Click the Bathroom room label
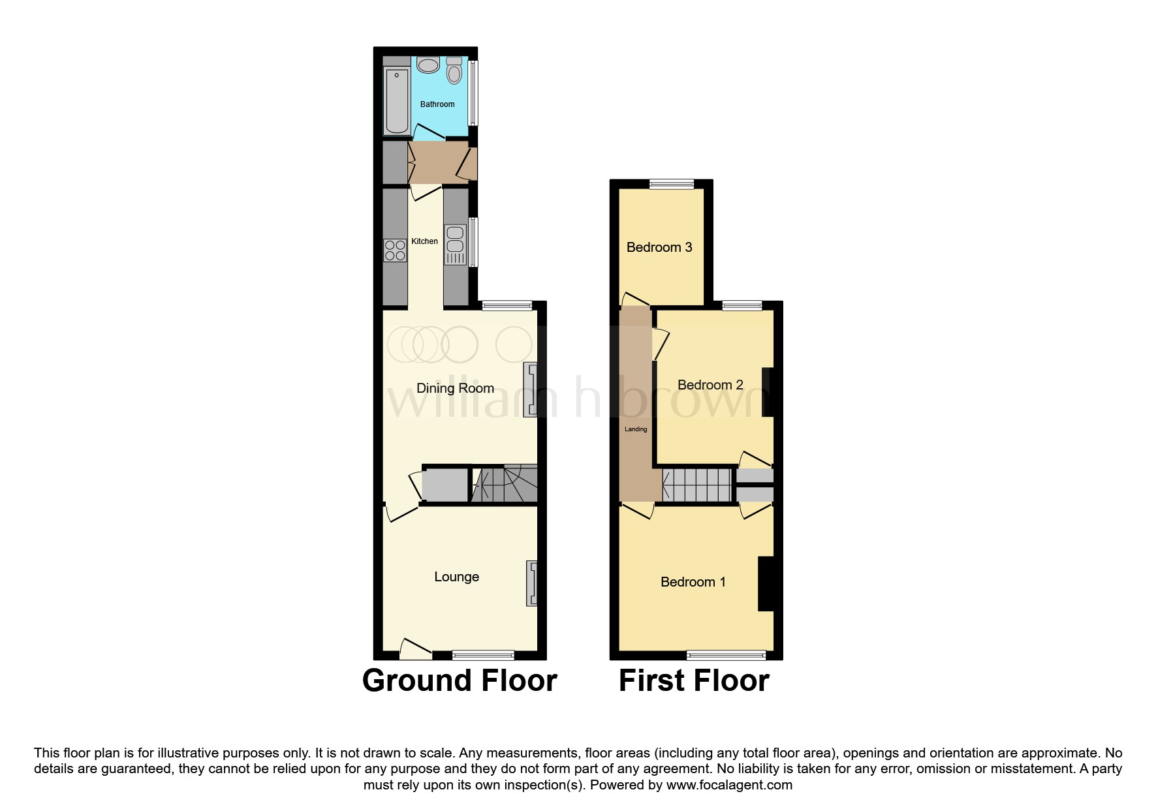[x=437, y=104]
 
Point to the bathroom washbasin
[x=428, y=65]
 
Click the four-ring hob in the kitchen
[x=395, y=250]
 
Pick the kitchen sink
[x=455, y=239]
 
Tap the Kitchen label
[x=424, y=241]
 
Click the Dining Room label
[x=455, y=388]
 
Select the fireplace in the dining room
[x=531, y=389]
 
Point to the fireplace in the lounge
[x=533, y=583]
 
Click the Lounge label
[x=456, y=577]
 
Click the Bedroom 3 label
[x=659, y=247]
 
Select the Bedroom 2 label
[x=710, y=385]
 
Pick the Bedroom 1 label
[x=693, y=582]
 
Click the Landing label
[x=636, y=429]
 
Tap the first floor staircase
[x=696, y=485]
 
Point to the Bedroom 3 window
[x=671, y=185]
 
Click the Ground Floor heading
[x=460, y=680]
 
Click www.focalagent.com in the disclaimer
[x=729, y=785]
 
